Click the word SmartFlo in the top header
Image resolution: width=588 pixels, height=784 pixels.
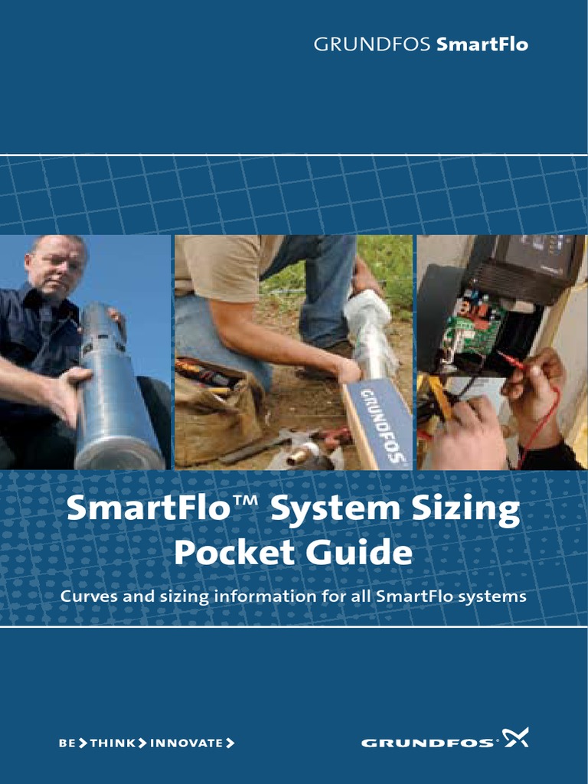482,44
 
